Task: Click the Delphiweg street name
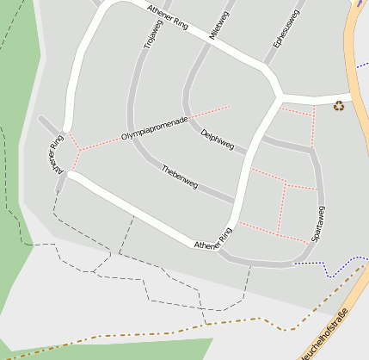217,139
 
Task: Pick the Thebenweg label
180,177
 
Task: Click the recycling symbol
339,106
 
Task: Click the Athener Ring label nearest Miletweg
168,16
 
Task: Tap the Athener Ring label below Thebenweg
213,240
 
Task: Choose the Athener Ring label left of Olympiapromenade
58,155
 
